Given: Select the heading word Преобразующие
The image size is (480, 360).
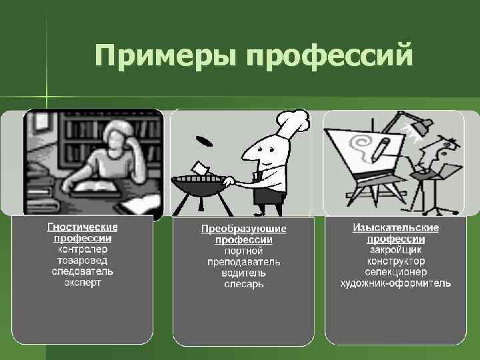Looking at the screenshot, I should coord(244,229).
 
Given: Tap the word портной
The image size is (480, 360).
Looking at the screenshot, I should coord(244,251).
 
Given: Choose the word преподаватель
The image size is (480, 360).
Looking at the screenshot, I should coord(244,262).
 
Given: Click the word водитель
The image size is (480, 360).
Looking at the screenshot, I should coord(244,273).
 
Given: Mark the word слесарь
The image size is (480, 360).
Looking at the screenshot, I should coord(244,284).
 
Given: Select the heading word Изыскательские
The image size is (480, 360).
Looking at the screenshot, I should coord(396,227).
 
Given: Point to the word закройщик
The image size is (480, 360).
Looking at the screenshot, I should coord(396,250).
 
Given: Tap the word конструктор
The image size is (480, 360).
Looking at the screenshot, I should coord(396,261).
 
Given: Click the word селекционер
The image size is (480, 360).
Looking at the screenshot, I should coord(396,272).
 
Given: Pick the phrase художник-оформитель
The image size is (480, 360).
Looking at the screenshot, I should coord(396,283).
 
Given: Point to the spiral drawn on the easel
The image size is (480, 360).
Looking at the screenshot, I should coord(364,145).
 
